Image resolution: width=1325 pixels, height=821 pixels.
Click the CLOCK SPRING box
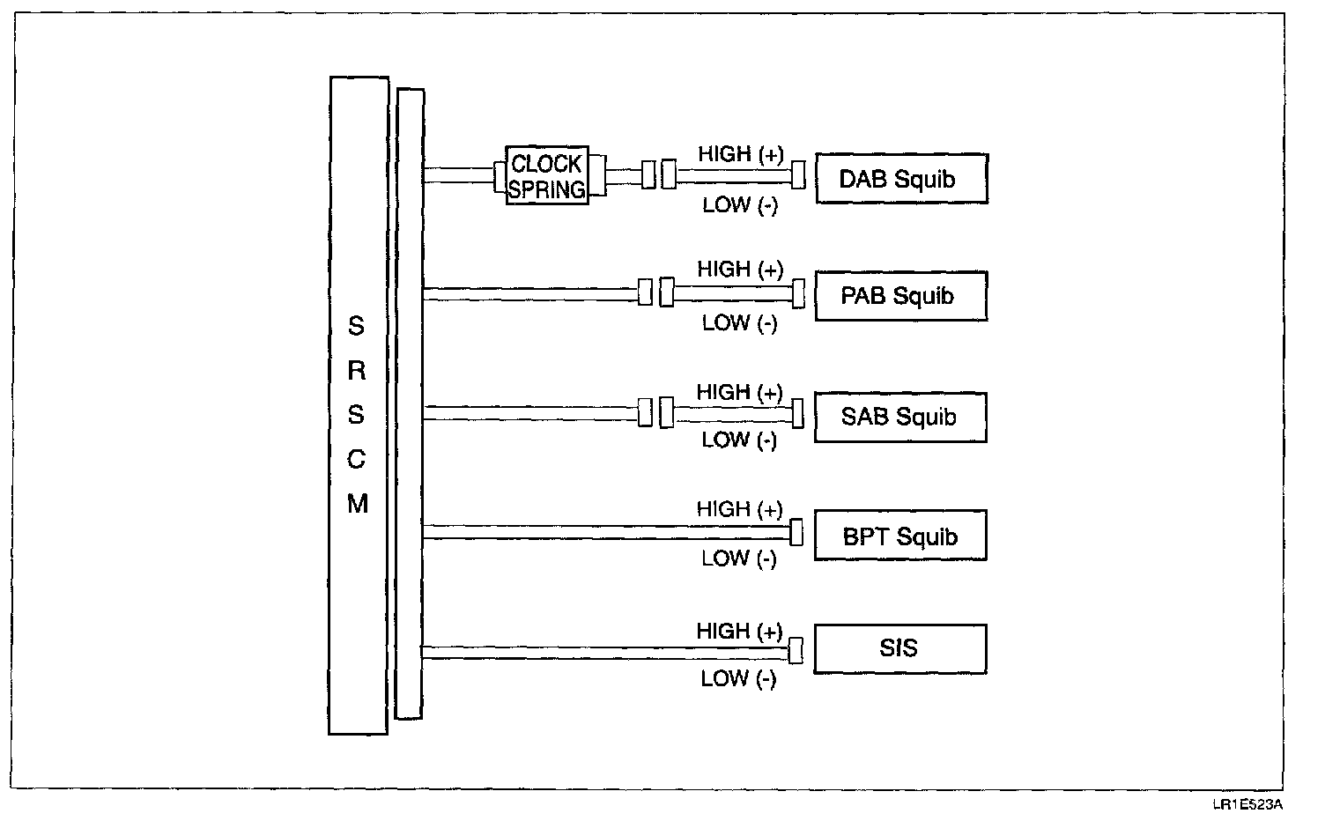[547, 176]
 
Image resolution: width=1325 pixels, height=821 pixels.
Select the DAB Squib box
[900, 179]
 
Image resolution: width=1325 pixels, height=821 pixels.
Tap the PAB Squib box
[900, 296]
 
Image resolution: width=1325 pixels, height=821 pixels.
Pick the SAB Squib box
[900, 417]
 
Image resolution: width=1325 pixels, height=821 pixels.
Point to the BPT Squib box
[900, 536]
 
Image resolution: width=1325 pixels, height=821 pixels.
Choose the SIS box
[900, 649]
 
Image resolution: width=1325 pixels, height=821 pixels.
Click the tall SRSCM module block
[359, 405]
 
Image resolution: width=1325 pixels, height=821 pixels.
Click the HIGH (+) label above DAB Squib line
[740, 154]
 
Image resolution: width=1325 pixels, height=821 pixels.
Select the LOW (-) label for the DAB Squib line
[740, 205]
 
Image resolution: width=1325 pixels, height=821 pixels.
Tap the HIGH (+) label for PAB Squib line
[740, 270]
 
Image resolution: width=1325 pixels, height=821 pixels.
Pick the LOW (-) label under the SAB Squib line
[739, 440]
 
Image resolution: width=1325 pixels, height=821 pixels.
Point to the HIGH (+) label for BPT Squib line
[739, 509]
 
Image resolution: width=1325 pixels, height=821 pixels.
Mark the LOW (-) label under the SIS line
[738, 678]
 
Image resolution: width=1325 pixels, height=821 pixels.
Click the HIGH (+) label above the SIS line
[739, 632]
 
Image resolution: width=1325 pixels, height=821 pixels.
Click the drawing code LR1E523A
[1247, 804]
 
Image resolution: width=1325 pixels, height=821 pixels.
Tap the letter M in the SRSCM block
[357, 505]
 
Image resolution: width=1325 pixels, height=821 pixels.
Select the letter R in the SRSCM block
[357, 371]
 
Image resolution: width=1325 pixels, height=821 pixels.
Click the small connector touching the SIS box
[796, 651]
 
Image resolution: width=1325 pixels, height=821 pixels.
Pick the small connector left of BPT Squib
[796, 532]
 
